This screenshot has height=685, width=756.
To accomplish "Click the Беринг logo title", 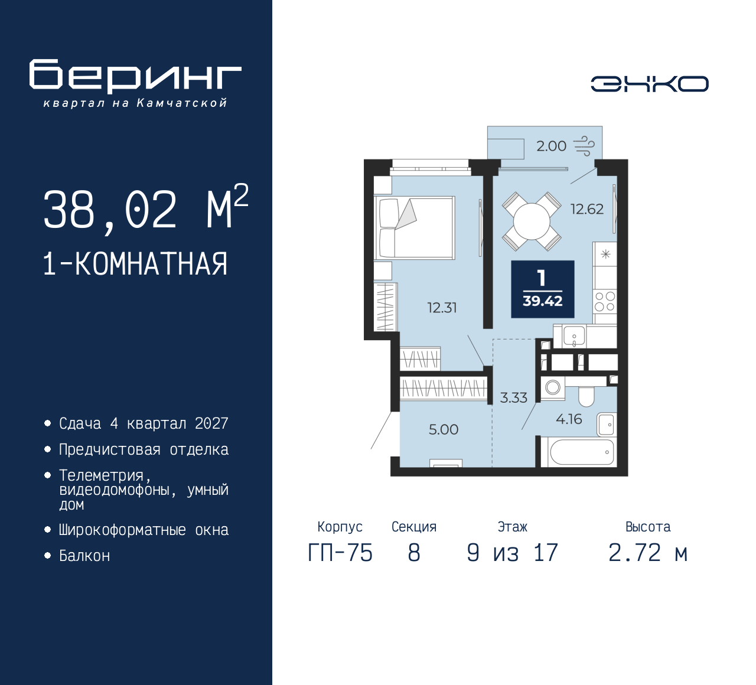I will pyautogui.click(x=135, y=76).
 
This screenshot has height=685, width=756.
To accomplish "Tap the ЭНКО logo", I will pyautogui.click(x=649, y=84).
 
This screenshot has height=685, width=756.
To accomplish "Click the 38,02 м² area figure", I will pyautogui.click(x=145, y=209).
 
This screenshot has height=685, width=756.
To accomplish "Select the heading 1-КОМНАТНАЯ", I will pyautogui.click(x=135, y=264).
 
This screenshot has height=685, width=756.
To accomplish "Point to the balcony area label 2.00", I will pyautogui.click(x=551, y=146).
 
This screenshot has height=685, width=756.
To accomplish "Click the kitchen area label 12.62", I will pyautogui.click(x=586, y=209).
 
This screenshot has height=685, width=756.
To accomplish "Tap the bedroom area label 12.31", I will pyautogui.click(x=442, y=308).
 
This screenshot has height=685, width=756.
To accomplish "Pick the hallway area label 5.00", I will pyautogui.click(x=444, y=430).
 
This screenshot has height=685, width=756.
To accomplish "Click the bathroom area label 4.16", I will pyautogui.click(x=569, y=419).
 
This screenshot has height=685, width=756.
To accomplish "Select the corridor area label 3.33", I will pyautogui.click(x=513, y=398).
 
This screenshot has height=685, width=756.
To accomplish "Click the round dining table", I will pyautogui.click(x=532, y=221).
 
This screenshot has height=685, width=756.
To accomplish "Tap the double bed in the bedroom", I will pyautogui.click(x=415, y=228).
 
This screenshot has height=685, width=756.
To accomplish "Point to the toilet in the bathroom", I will pyautogui.click(x=586, y=396).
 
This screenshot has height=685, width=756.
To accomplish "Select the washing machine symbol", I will pyautogui.click(x=553, y=387).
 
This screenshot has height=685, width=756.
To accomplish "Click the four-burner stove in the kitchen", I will pyautogui.click(x=605, y=301).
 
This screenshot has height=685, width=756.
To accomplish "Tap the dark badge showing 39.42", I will pyautogui.click(x=542, y=289).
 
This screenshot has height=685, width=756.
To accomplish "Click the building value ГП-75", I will pyautogui.click(x=340, y=553).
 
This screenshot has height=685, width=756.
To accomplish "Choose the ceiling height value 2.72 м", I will pyautogui.click(x=648, y=553).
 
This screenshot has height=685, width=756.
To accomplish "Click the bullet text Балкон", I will pyautogui.click(x=84, y=556).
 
